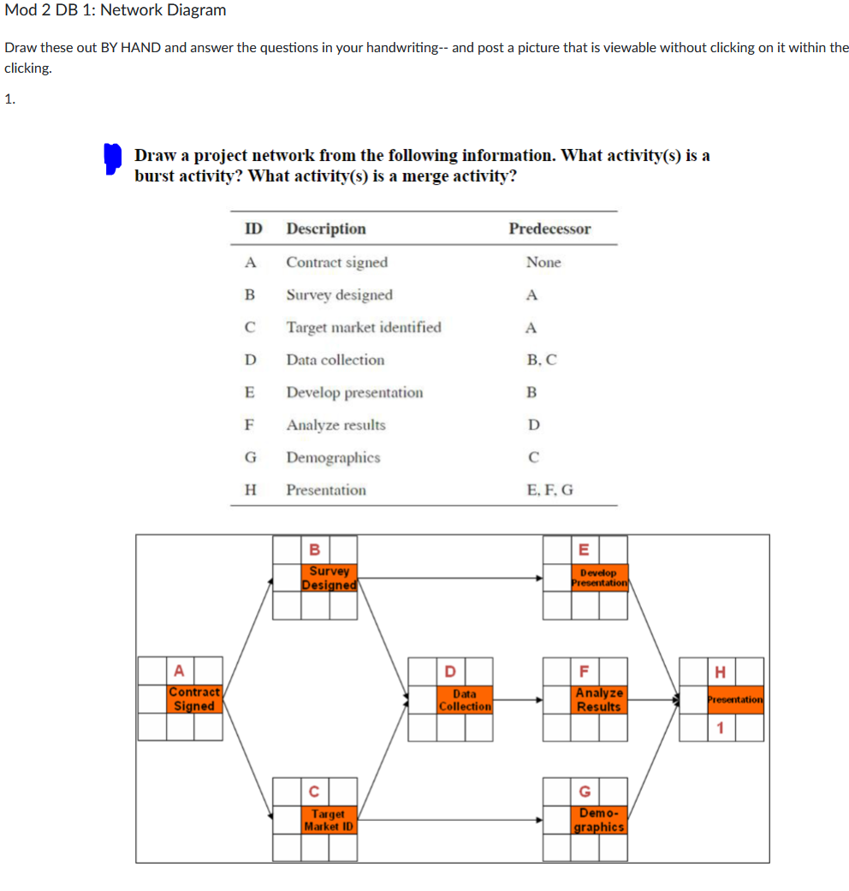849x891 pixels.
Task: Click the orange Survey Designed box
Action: (330, 577)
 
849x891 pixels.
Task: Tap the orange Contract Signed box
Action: (194, 698)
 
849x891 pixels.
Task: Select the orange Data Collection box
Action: (464, 699)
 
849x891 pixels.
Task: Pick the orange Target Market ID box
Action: (329, 820)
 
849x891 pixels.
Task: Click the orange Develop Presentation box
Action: (599, 577)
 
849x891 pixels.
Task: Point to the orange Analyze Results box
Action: (599, 699)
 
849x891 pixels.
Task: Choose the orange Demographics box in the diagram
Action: (599, 820)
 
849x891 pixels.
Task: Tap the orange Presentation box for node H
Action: (734, 699)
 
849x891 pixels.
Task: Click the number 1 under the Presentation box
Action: (721, 728)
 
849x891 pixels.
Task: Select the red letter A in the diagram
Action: (180, 669)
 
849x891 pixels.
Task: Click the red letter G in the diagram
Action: (585, 791)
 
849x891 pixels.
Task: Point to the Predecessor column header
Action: (549, 229)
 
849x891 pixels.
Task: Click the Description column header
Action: (325, 229)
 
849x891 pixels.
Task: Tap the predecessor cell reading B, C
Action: (543, 360)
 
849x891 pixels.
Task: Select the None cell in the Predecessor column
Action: (543, 263)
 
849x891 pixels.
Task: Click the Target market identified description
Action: (364, 328)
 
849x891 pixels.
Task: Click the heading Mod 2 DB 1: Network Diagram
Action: (116, 10)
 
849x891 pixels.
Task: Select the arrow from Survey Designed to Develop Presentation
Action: (449, 578)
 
